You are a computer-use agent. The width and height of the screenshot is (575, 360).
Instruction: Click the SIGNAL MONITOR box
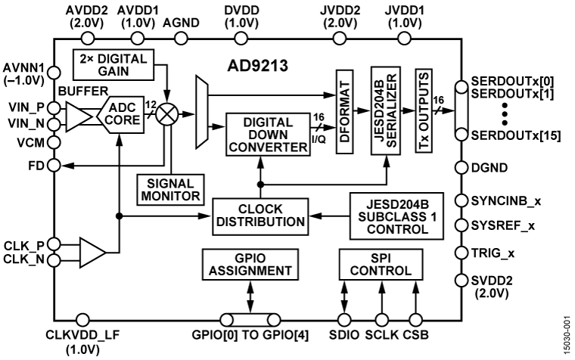point(170,189)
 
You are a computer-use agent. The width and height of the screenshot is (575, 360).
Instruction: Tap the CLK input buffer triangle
point(93,251)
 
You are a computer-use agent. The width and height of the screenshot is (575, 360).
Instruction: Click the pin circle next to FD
point(54,165)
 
